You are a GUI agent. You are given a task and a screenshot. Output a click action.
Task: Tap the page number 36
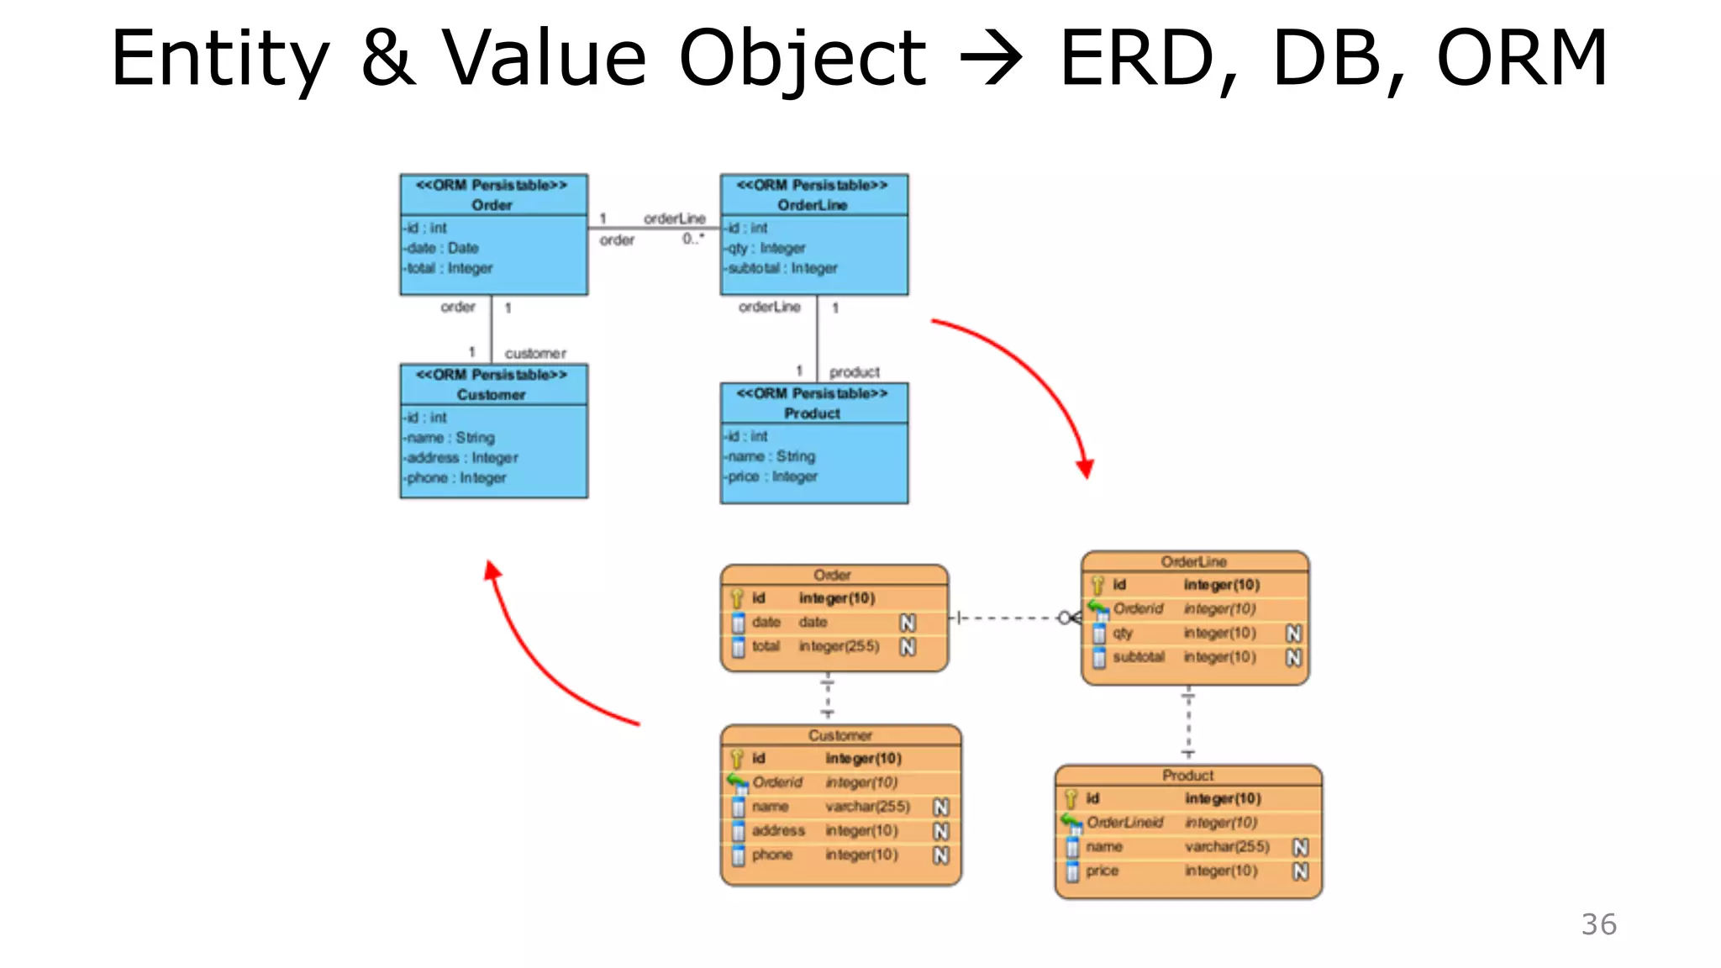[1598, 924]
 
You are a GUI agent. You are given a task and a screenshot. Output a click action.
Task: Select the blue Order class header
[492, 195]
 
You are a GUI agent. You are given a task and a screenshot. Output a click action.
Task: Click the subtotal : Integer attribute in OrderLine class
[782, 268]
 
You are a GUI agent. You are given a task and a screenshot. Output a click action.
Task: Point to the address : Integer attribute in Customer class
[462, 458]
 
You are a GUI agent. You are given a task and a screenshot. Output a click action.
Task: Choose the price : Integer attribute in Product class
[772, 476]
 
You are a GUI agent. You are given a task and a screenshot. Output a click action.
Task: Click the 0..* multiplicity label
[693, 239]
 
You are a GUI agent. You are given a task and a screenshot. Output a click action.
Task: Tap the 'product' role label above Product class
[854, 371]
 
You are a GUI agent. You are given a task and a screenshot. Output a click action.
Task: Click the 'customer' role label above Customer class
[535, 353]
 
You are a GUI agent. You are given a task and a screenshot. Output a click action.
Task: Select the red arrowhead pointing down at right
[1086, 468]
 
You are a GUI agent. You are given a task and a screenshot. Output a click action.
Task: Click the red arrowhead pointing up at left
[492, 572]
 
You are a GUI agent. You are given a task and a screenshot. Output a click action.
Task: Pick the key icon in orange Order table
[737, 598]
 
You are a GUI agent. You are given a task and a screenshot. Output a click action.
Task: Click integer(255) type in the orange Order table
[839, 646]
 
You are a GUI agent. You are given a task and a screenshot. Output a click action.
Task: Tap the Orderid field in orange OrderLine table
[1138, 608]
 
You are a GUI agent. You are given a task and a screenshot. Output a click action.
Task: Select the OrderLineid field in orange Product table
[1124, 822]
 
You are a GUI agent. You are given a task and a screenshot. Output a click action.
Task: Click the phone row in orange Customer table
[771, 855]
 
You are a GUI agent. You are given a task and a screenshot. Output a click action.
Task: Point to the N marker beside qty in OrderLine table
[1293, 633]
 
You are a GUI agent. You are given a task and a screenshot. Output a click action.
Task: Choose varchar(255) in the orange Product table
[1227, 846]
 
